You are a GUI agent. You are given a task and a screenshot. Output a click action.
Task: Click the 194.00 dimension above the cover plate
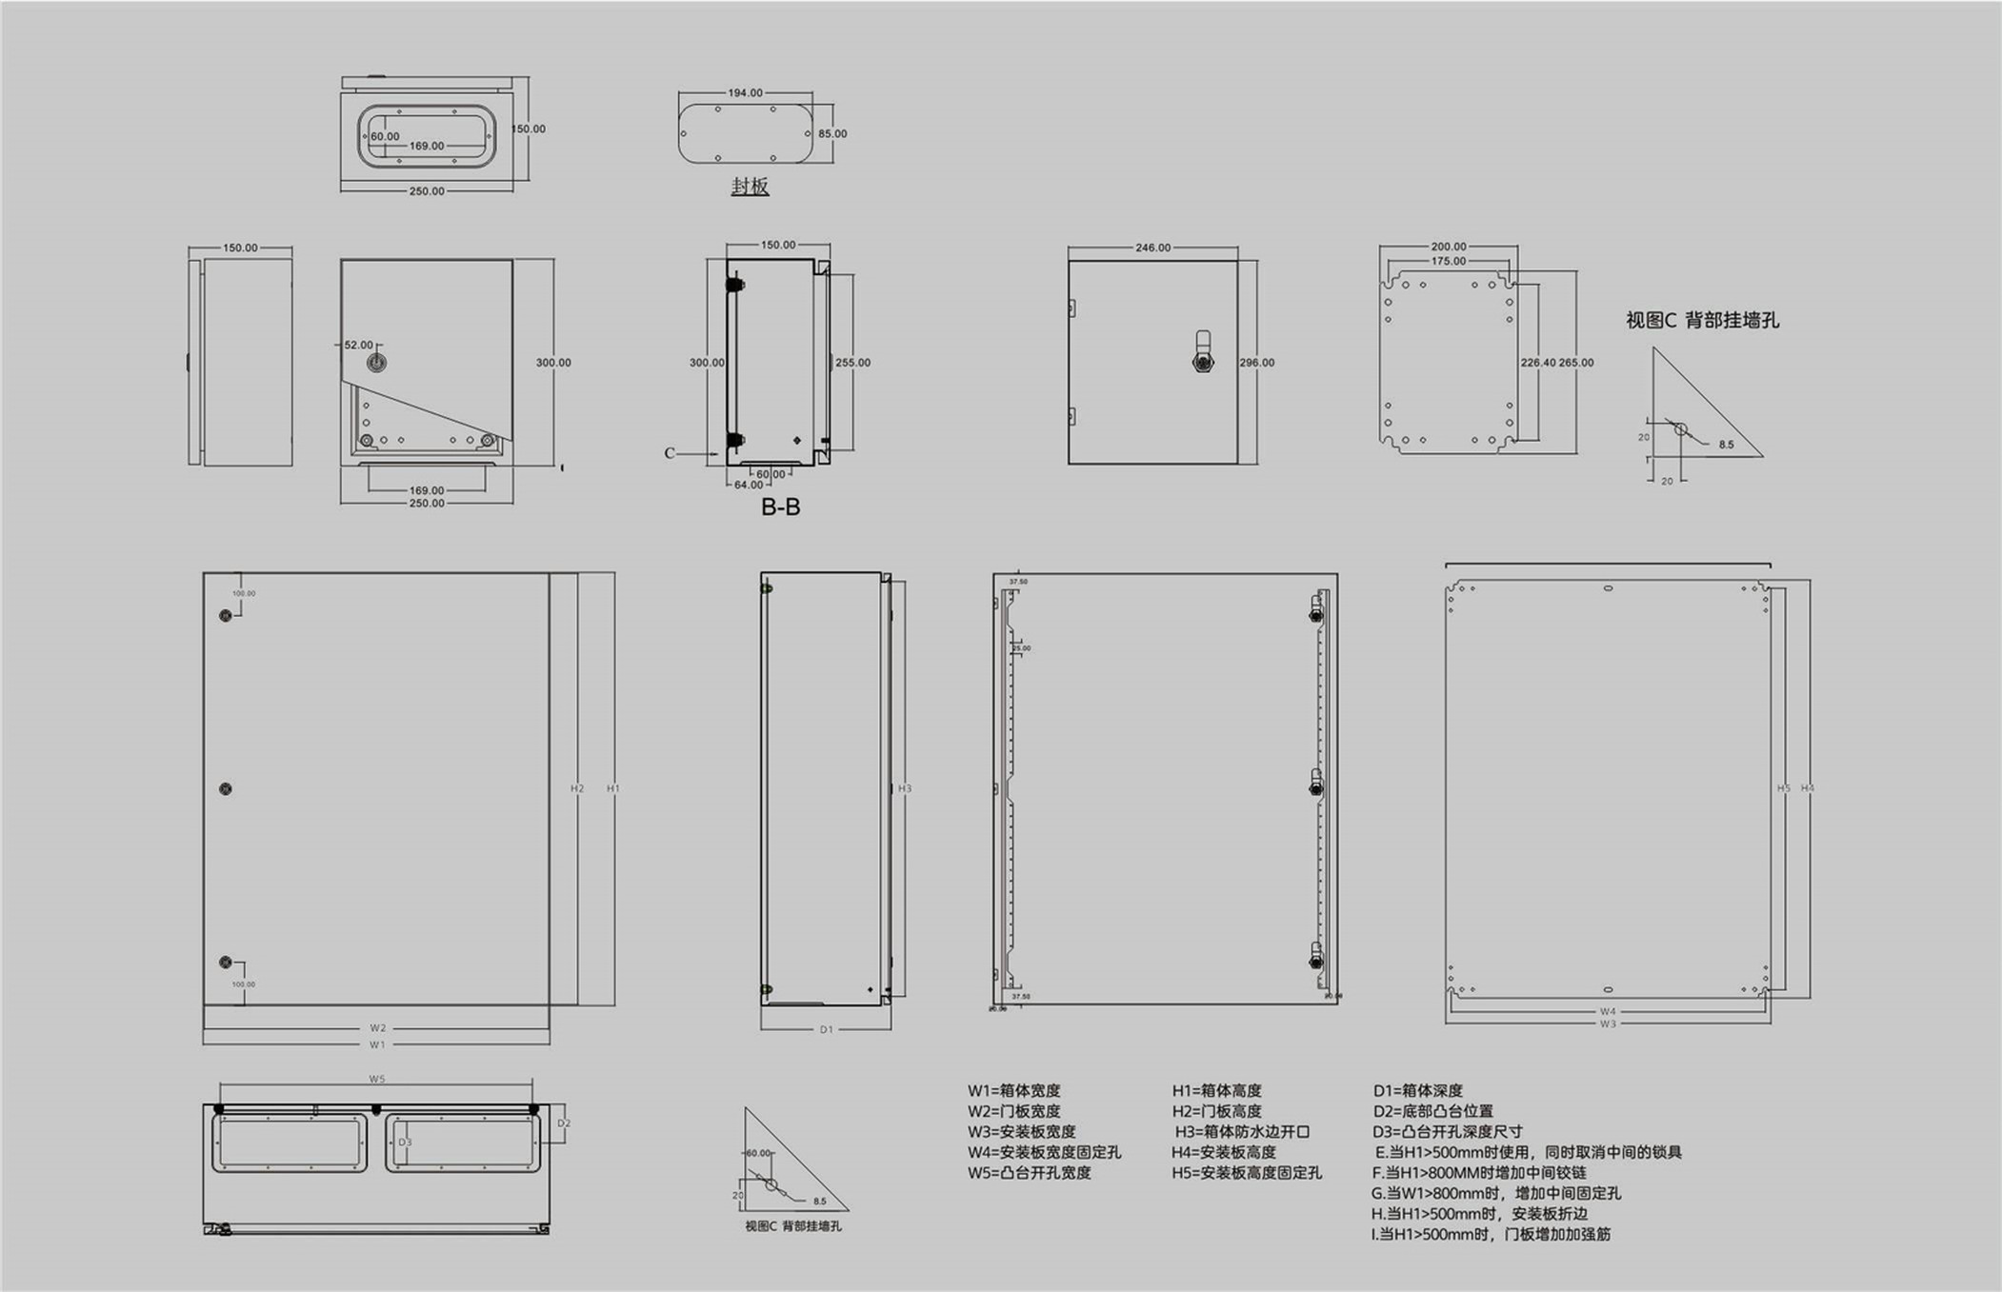pos(745,93)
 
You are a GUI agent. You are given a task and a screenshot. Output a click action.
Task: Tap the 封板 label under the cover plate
pos(750,187)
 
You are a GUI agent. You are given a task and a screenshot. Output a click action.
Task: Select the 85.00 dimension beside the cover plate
pos(831,134)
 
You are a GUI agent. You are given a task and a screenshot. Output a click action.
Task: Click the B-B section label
pos(780,507)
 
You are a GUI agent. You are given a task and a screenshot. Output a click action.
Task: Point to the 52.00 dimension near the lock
pos(359,346)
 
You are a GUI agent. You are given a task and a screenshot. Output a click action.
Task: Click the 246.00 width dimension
pos(1152,248)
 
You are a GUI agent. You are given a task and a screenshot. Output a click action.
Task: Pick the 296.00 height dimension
pos(1256,363)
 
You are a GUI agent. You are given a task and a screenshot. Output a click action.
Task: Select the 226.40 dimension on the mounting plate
pos(1537,363)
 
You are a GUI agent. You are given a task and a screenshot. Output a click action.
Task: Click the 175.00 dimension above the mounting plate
pos(1448,261)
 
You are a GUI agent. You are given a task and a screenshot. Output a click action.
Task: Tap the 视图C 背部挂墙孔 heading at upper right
pos(1702,321)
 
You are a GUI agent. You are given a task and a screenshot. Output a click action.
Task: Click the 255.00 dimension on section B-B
pos(852,363)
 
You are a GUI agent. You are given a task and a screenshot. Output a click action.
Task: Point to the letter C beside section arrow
pos(670,453)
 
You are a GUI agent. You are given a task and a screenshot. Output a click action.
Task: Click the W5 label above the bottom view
pos(377,1079)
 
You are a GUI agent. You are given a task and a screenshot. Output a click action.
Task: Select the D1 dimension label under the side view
pos(826,1029)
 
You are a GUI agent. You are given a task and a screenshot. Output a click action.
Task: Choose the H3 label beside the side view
pos(905,788)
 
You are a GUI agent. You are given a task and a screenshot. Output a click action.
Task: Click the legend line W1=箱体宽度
pos(1013,1091)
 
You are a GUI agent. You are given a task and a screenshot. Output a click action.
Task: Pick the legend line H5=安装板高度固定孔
pos(1246,1173)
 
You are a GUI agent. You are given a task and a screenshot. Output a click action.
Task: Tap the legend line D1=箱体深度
pos(1417,1091)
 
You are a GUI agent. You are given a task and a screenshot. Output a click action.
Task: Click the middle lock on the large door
pos(226,789)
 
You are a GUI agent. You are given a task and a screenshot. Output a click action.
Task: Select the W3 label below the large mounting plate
pos(1608,1024)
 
